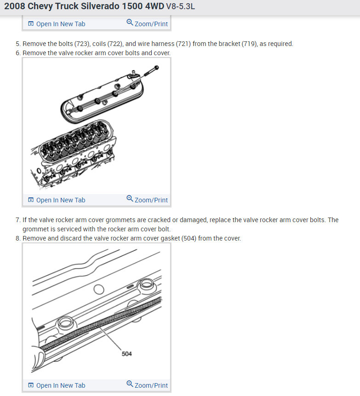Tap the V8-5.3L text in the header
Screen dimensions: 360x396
pos(180,6)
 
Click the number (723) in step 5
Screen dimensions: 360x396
pos(82,44)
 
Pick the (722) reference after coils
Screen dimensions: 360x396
pos(115,44)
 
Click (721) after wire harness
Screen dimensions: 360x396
pos(183,44)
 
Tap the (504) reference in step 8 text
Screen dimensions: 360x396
pos(189,238)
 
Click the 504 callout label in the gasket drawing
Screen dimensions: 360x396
pos(127,354)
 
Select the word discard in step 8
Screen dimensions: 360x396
pos(72,238)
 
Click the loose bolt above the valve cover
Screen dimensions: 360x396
pos(151,71)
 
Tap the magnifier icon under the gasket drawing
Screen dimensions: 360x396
pos(130,384)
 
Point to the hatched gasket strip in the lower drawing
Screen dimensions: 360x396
pos(101,325)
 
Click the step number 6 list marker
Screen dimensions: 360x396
pos(17,53)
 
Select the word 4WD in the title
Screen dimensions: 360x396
pos(154,6)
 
